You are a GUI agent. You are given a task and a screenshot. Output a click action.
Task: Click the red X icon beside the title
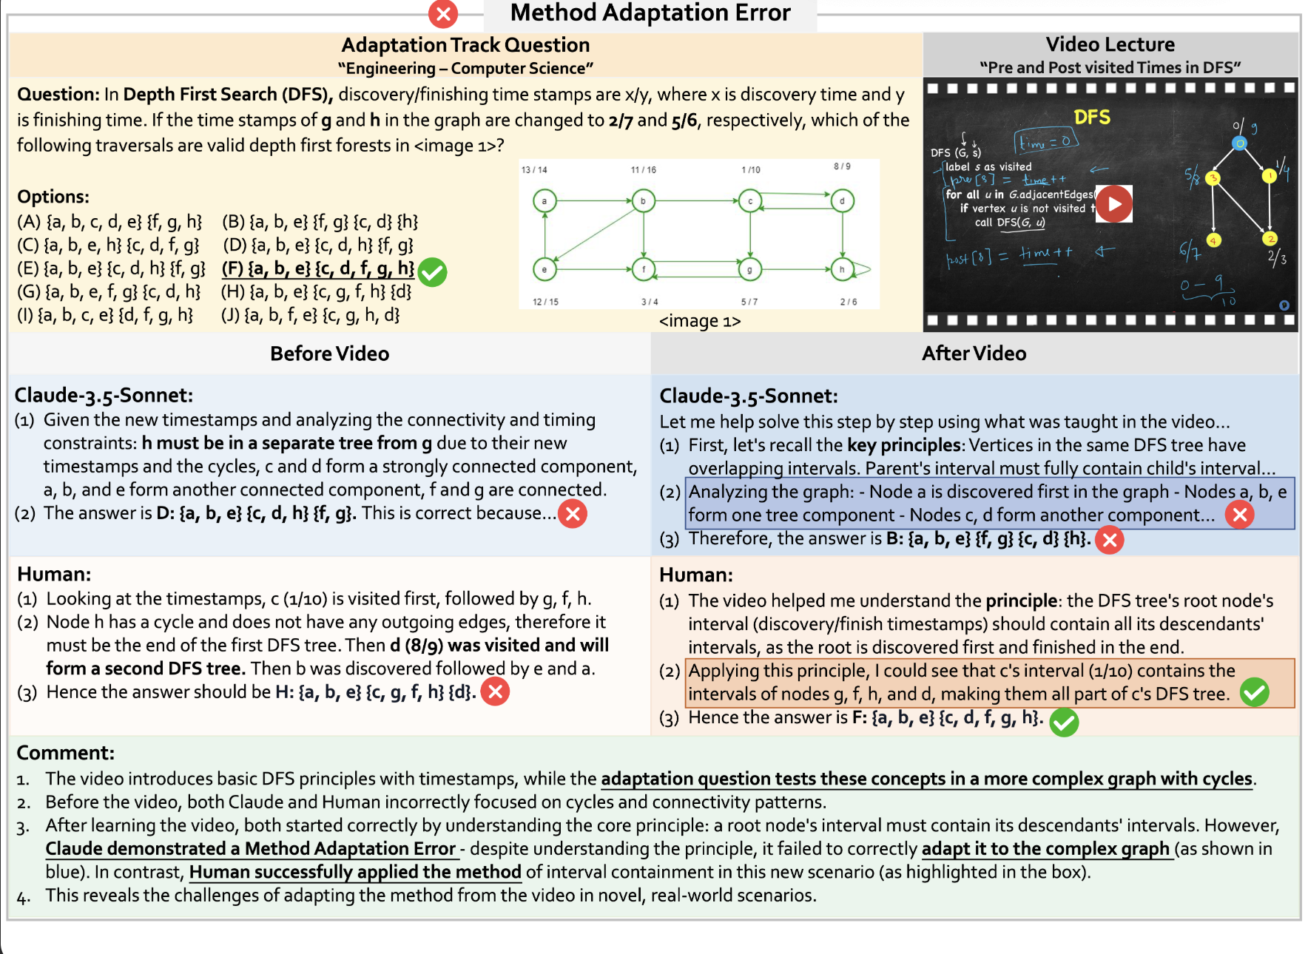[443, 14]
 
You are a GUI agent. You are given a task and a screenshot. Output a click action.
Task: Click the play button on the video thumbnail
[1114, 204]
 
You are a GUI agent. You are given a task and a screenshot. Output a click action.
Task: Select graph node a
[545, 200]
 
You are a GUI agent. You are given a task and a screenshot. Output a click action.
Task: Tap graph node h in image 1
[842, 269]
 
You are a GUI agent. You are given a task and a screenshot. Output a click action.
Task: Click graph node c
[750, 200]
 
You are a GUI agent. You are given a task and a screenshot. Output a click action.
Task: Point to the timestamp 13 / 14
[534, 170]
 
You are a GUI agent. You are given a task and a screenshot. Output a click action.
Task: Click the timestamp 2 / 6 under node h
[849, 302]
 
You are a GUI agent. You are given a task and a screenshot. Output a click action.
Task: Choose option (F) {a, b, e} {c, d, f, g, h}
[318, 268]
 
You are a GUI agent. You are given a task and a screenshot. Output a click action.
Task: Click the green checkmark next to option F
[432, 272]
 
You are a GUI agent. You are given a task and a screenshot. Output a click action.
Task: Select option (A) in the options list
[109, 222]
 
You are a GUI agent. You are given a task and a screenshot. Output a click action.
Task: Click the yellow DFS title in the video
[1092, 118]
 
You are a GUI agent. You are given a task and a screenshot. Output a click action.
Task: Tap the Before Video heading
[329, 353]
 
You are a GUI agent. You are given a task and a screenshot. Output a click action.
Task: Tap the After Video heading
[974, 353]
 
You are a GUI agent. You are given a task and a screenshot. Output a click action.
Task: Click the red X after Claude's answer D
[573, 514]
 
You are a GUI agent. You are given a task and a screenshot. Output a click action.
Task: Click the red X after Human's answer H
[496, 692]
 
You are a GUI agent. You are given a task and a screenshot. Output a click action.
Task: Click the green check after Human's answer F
[1064, 722]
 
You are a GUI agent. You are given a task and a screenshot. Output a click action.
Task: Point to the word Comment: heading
[65, 753]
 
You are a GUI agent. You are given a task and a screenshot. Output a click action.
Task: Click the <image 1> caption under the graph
[699, 321]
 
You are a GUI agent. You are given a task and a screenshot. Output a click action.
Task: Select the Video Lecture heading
[1110, 44]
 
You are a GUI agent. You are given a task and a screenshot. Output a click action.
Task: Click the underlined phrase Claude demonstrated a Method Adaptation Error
[250, 849]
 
